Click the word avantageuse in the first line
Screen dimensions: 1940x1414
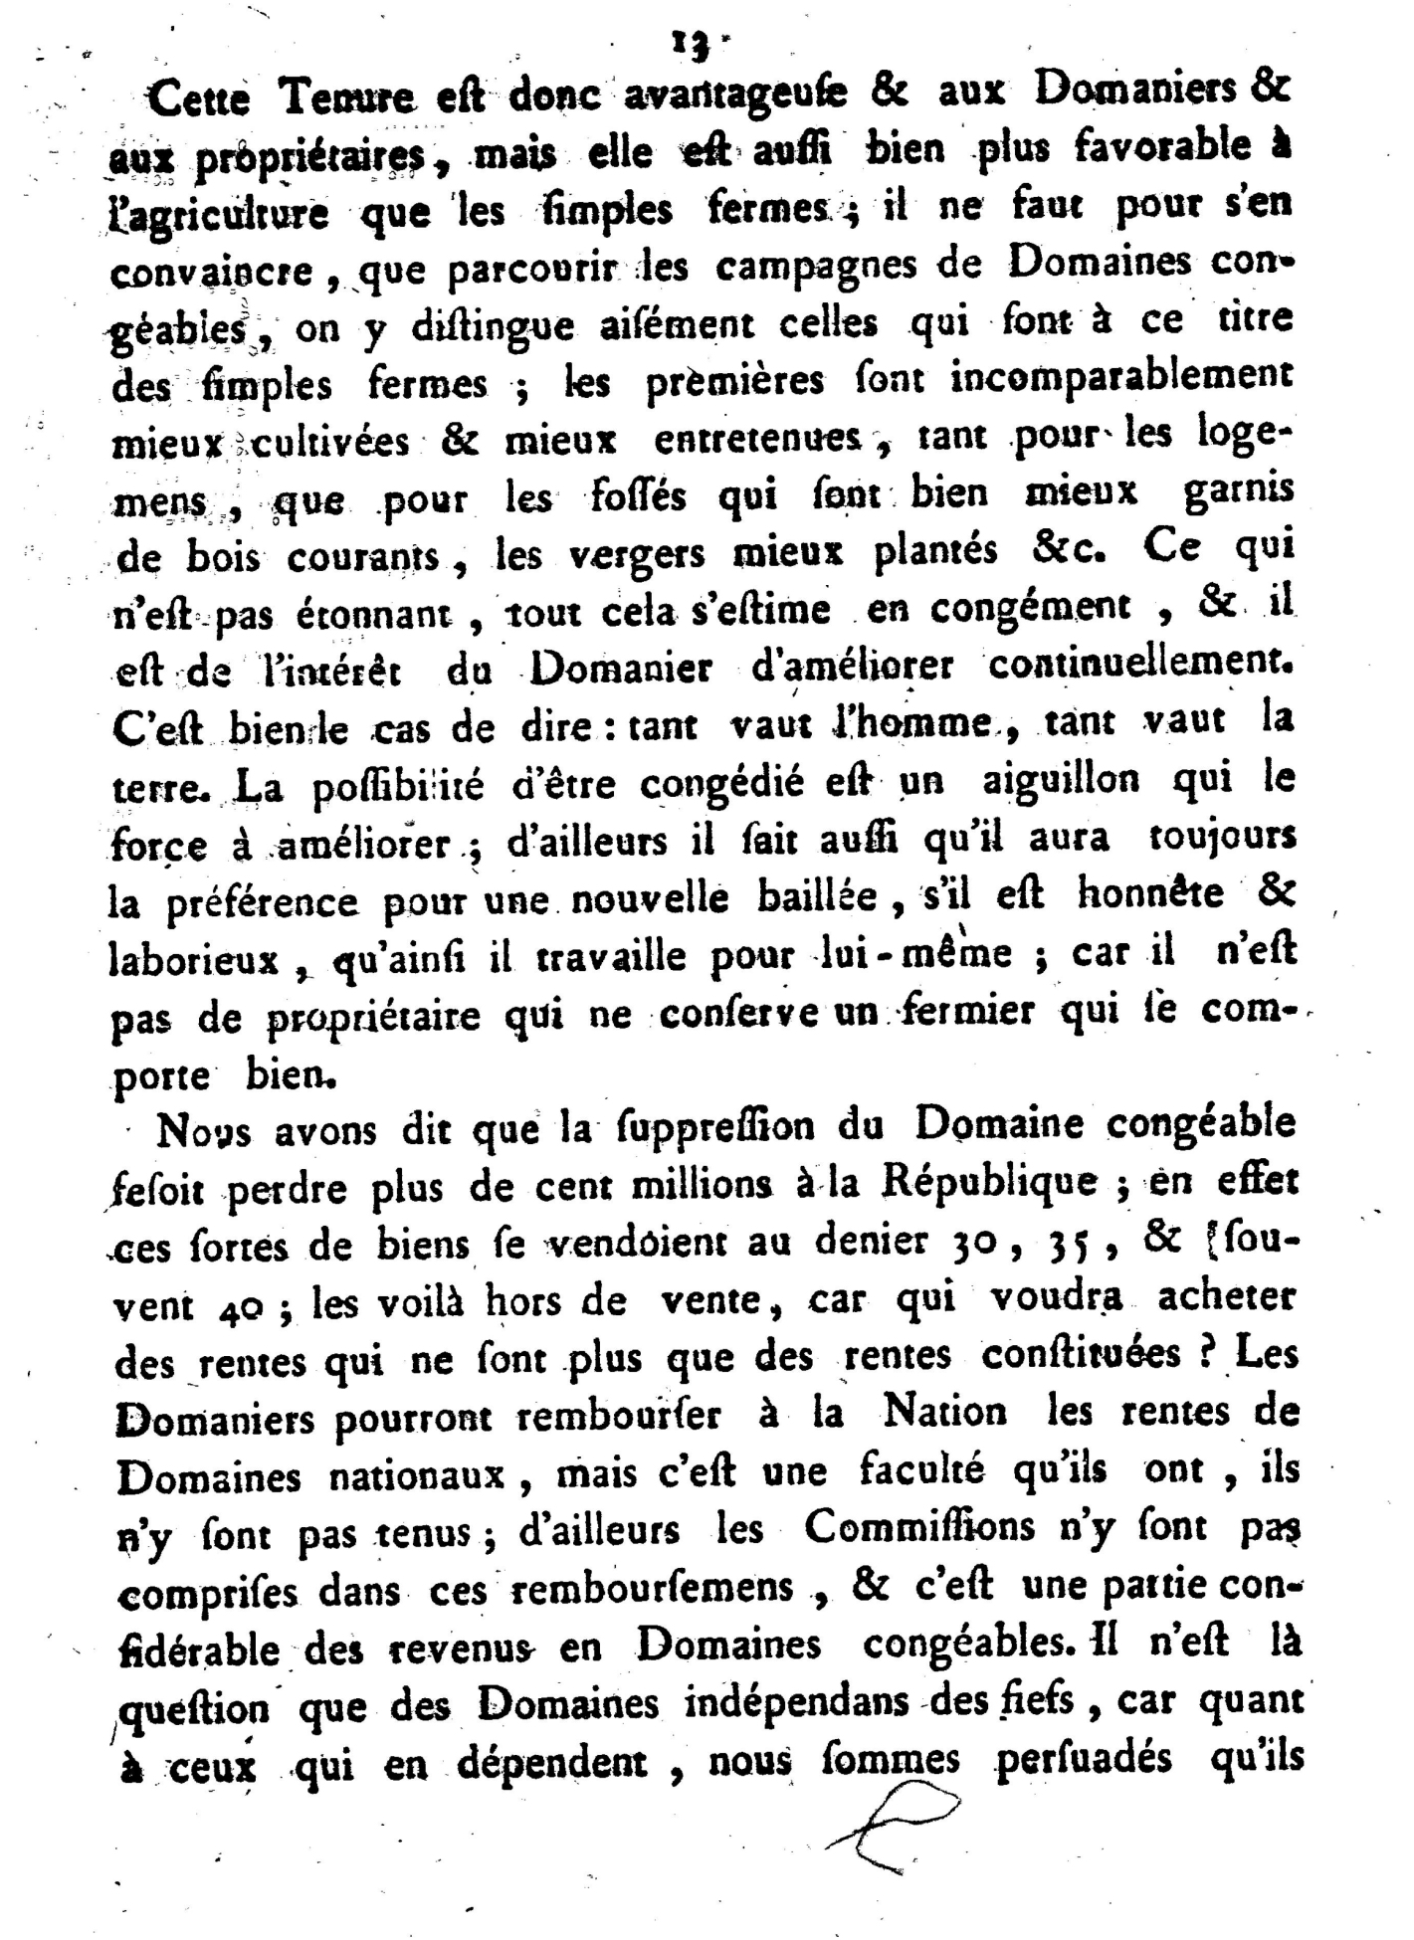click(x=735, y=95)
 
